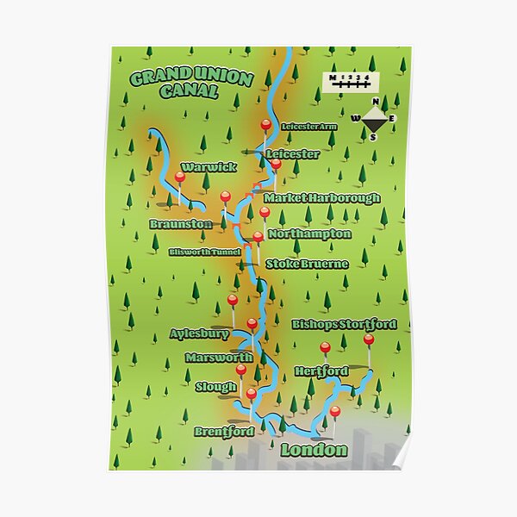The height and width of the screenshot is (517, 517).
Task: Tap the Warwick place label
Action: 209,166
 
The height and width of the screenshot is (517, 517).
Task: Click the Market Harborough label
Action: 321,198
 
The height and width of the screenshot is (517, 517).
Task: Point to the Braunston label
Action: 180,224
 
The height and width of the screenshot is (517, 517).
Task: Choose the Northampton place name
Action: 309,234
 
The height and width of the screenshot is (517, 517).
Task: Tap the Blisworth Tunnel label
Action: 204,252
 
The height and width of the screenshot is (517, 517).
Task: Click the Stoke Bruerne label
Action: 307,264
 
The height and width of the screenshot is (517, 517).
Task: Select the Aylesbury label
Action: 200,333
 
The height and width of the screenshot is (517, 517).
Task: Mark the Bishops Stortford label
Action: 344,324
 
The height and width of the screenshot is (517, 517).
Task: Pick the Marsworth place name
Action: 219,357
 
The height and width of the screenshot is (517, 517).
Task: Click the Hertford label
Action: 321,371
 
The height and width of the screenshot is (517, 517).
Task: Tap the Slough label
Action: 215,387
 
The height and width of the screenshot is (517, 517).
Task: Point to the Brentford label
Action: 224,431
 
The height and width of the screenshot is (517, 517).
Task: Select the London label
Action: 314,450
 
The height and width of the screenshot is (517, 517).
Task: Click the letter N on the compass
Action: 375,102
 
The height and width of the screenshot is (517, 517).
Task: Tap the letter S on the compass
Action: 373,136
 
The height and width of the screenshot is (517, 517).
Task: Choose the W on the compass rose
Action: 355,118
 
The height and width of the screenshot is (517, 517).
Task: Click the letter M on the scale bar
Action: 333,78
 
